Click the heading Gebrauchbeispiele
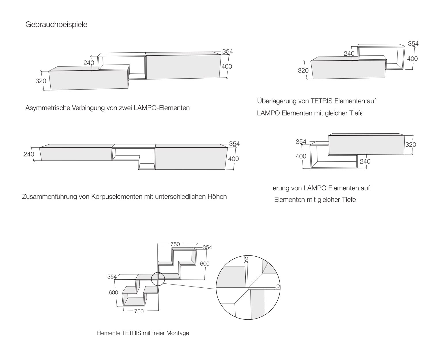coord(56,24)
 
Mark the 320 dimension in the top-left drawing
coord(41,81)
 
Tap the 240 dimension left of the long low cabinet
coord(29,154)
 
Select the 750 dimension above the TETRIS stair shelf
coord(175,244)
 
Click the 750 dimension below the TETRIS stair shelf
coord(139,311)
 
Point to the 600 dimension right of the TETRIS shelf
coord(205,264)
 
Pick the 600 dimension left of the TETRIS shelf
coord(113,293)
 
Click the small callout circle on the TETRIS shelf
coord(158,279)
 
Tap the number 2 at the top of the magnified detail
coord(247,259)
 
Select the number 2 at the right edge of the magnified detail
coord(278,287)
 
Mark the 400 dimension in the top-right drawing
coord(412,59)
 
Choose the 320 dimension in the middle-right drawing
coord(410,145)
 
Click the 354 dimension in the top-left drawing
coord(227,52)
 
